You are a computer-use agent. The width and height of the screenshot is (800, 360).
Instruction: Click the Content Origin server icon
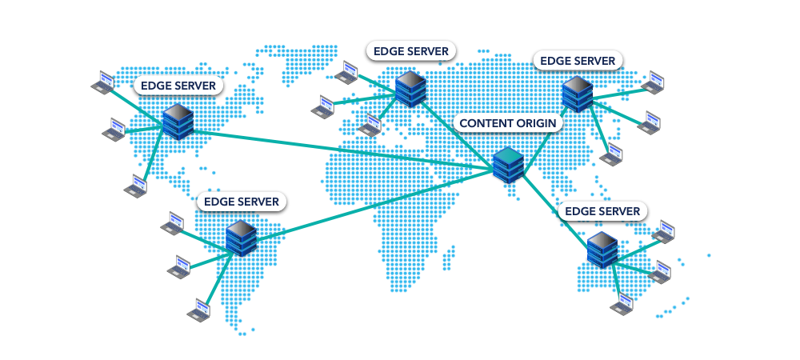508,165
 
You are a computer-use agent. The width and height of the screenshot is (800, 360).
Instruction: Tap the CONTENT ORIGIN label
509,123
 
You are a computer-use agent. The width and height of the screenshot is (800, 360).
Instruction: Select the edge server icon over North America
178,122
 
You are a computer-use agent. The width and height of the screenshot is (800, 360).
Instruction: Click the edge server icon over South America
241,238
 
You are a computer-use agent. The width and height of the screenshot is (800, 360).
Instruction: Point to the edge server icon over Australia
602,250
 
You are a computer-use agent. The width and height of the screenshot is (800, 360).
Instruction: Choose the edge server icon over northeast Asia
577,94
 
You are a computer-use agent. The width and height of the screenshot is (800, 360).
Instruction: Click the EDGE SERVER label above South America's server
242,202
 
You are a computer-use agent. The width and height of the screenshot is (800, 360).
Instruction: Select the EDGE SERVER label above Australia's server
602,211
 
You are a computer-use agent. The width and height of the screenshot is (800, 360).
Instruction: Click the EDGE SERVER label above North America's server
178,85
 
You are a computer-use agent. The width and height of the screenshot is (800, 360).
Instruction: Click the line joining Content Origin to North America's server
336,149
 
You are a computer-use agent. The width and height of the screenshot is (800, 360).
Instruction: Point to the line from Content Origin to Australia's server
555,209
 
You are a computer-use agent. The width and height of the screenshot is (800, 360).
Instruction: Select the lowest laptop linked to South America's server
198,309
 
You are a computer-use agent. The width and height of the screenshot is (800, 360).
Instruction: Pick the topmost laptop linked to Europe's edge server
346,72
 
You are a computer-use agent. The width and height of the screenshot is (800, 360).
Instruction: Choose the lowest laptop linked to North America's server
136,187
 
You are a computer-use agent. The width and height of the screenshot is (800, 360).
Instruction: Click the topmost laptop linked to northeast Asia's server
654,82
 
